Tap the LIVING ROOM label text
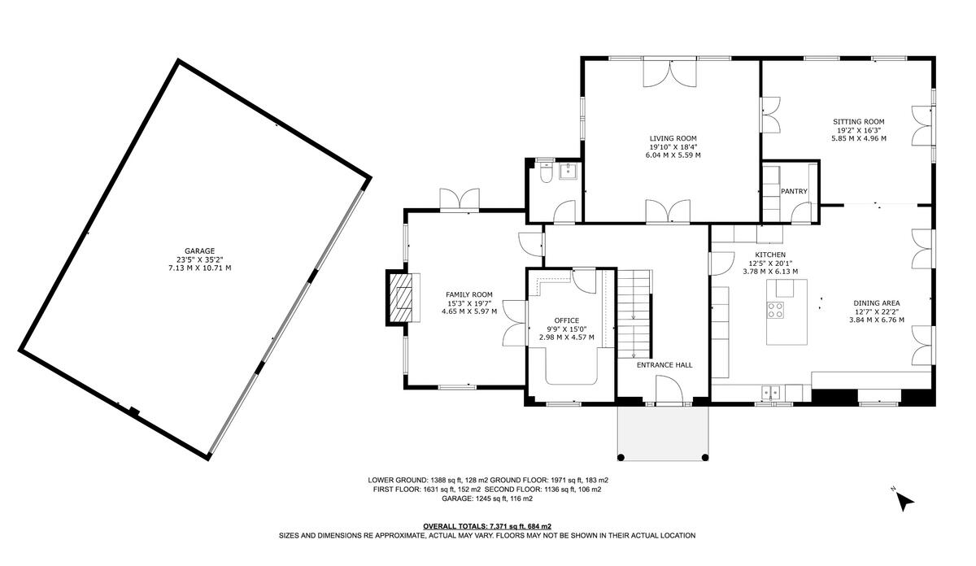[x=673, y=138]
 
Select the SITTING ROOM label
[x=858, y=121]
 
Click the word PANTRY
[x=793, y=191]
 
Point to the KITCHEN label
[x=769, y=255]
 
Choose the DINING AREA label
[x=876, y=303]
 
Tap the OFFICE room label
[x=566, y=320]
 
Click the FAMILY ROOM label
[x=468, y=294]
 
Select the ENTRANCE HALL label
[x=664, y=365]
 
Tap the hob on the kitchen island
[x=775, y=309]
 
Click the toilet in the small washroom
[x=546, y=172]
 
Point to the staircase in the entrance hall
[x=634, y=313]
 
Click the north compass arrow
[x=904, y=502]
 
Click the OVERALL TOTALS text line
[x=486, y=526]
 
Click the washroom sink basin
[x=568, y=171]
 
